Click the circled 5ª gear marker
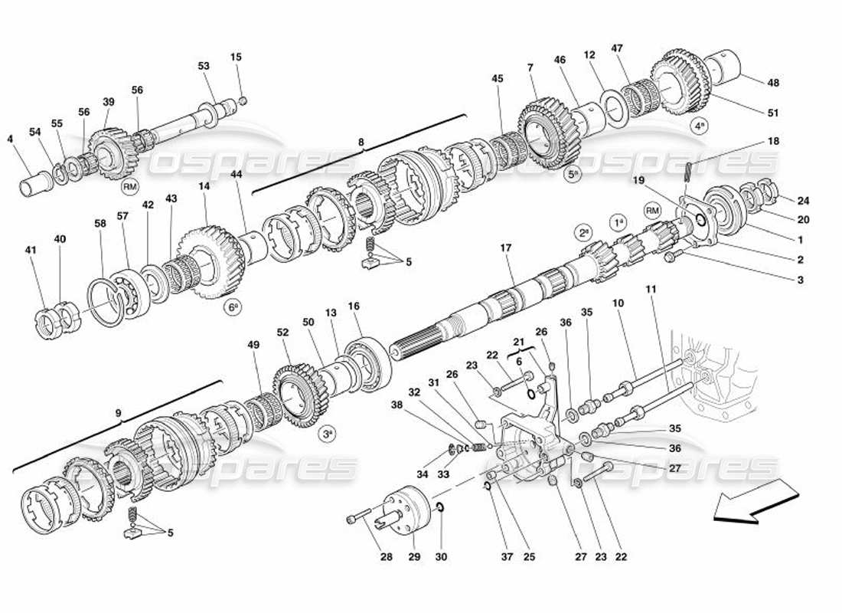pyautogui.click(x=575, y=175)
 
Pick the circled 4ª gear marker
pyautogui.click(x=700, y=127)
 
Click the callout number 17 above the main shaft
pyautogui.click(x=505, y=248)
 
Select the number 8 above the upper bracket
pyautogui.click(x=361, y=142)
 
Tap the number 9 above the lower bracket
pyautogui.click(x=119, y=415)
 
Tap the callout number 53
pyautogui.click(x=204, y=67)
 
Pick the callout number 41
pyautogui.click(x=31, y=250)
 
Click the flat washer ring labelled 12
pyautogui.click(x=614, y=107)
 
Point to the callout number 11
pyautogui.click(x=651, y=290)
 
